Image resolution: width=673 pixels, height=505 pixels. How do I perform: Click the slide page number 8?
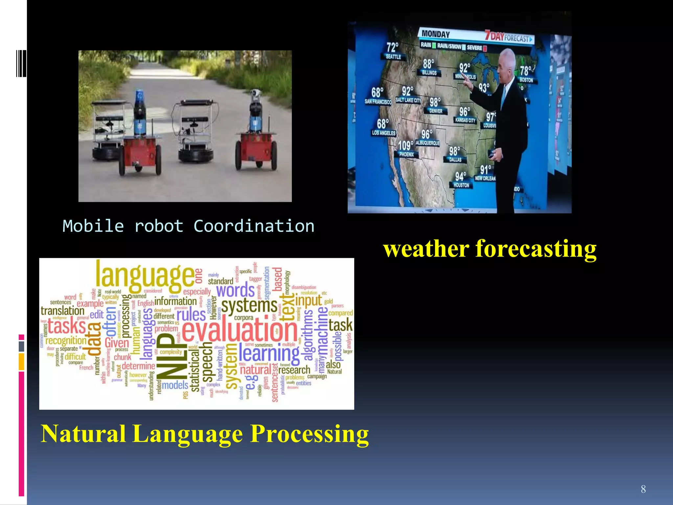point(643,489)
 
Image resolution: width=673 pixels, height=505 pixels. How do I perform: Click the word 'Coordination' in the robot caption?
point(254,226)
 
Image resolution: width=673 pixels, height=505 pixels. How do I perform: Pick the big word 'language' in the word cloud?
point(145,276)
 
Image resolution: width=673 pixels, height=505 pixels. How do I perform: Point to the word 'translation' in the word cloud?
point(62,311)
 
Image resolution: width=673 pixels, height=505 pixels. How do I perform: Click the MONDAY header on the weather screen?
point(435,34)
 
